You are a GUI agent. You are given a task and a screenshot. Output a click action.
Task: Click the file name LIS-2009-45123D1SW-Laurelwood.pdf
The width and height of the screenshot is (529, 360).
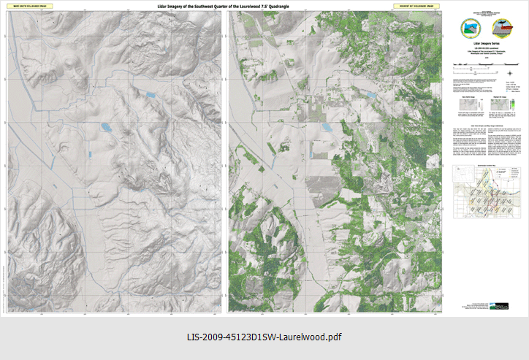[x=264, y=337]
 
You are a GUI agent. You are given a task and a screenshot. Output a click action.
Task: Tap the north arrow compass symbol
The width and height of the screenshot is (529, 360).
[x=509, y=72]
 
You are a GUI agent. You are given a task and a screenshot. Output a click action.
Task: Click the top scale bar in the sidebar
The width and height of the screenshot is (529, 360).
[x=475, y=66]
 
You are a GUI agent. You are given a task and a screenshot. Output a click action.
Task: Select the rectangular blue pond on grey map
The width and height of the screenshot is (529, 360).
[x=150, y=94]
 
